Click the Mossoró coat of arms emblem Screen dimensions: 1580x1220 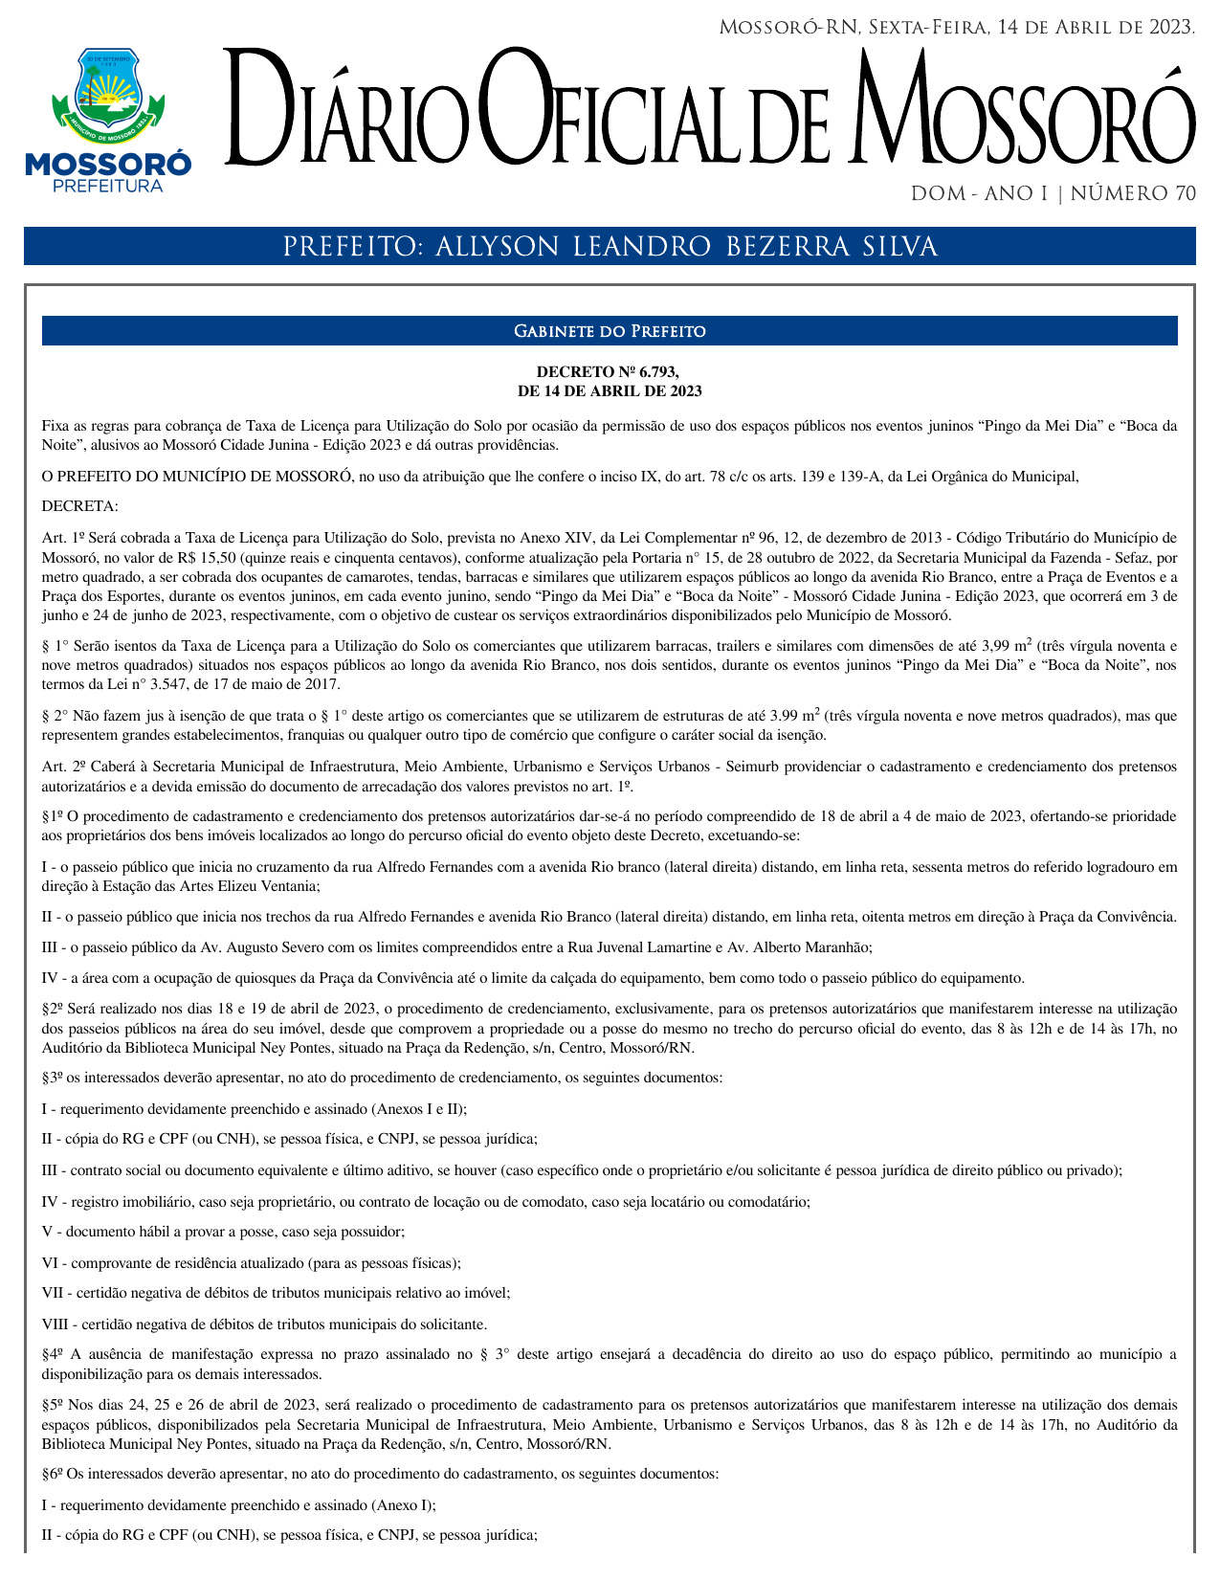click(107, 92)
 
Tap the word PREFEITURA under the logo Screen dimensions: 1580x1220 click(107, 186)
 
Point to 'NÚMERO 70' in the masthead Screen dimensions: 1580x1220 click(1133, 194)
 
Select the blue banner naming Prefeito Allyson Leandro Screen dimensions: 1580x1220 click(610, 247)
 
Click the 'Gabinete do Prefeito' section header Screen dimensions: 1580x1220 click(610, 331)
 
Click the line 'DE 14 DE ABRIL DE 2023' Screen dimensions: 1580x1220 click(610, 390)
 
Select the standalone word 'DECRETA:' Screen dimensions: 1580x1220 click(80, 506)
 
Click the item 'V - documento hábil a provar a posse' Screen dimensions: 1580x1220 click(223, 1232)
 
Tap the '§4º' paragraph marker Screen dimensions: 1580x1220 click(53, 1354)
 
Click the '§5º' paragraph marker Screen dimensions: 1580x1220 click(53, 1405)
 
